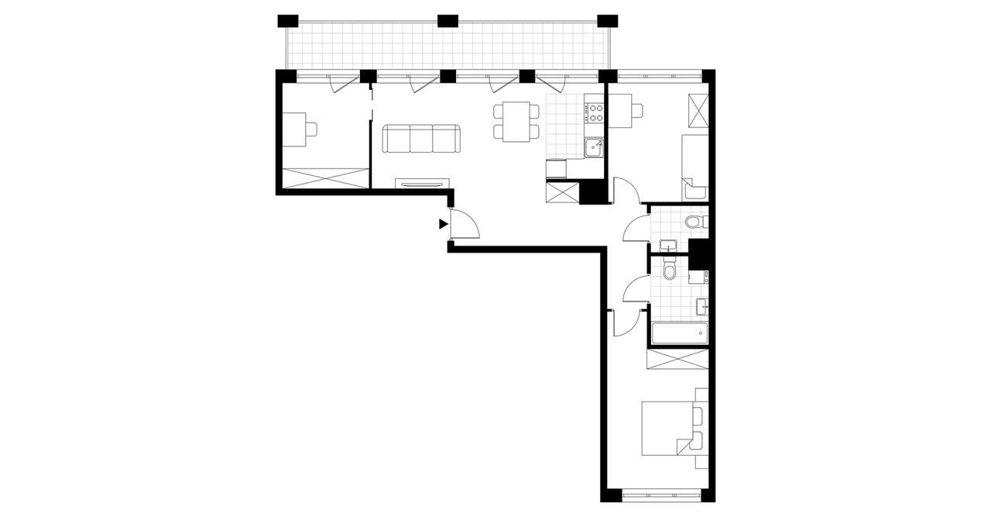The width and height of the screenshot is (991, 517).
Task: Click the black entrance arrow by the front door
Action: coord(443,224)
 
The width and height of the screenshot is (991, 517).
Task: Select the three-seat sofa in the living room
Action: coord(421,140)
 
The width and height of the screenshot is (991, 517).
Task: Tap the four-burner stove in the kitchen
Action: coord(595,113)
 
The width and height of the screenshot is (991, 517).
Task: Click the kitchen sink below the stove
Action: coord(595,146)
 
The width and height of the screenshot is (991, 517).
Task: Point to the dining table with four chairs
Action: coord(516,122)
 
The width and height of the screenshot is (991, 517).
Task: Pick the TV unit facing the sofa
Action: coord(422,183)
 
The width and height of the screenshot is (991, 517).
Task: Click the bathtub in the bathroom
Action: coord(679,334)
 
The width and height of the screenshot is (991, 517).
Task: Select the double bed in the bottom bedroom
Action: coord(667,428)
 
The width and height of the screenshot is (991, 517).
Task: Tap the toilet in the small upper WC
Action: coord(694,223)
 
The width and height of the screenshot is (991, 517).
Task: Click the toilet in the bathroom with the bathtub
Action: coord(670,270)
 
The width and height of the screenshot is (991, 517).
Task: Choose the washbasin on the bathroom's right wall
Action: coord(702,307)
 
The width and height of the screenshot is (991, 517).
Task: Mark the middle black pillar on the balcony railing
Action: coord(447,21)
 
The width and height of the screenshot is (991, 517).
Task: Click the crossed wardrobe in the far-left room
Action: coord(325,177)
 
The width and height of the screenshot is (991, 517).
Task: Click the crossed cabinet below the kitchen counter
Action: coord(562,191)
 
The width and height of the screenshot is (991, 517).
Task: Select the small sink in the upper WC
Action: coord(668,246)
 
